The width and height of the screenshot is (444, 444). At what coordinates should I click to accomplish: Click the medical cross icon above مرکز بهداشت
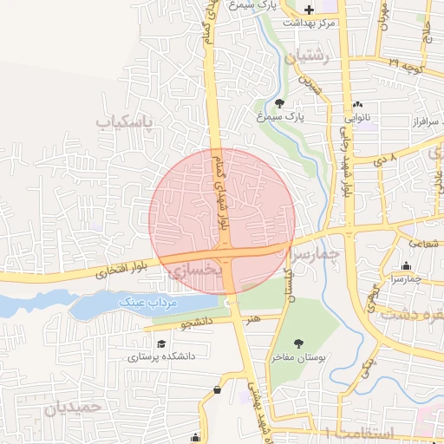[x=309, y=10]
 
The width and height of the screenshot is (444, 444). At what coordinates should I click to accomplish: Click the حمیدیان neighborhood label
[x=74, y=406]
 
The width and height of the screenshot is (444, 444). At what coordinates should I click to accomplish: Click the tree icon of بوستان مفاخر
[x=300, y=344]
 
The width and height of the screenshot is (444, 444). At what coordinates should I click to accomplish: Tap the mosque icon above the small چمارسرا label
[x=406, y=266]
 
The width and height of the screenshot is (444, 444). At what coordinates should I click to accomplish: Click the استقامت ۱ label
[x=359, y=432]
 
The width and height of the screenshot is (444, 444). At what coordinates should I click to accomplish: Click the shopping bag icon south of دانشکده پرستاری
[x=217, y=389]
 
